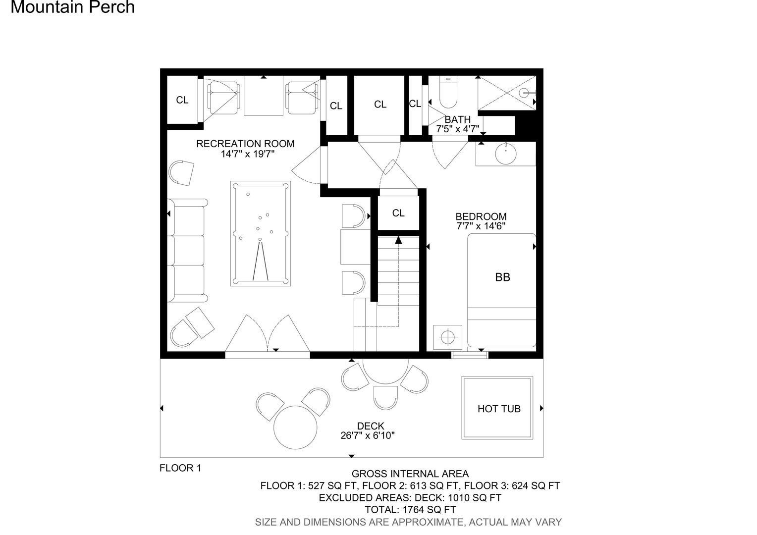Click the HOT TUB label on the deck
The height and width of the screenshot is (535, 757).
tap(499, 409)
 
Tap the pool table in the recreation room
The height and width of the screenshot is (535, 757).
tap(261, 233)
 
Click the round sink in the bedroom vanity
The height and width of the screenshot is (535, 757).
tap(505, 154)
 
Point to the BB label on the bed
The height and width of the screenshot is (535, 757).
tap(502, 277)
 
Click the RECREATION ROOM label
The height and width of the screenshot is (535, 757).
tap(245, 144)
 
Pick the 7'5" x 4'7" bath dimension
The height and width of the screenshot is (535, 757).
tap(458, 129)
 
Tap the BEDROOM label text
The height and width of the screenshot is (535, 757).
tap(481, 216)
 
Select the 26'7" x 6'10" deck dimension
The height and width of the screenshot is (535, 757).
tap(368, 435)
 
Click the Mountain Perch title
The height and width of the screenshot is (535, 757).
tap(73, 7)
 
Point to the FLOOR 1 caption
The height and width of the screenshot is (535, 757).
tap(180, 468)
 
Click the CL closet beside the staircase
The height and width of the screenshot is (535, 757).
tap(398, 213)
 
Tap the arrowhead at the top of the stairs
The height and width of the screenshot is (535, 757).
tap(398, 240)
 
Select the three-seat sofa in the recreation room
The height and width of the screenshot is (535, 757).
tap(187, 251)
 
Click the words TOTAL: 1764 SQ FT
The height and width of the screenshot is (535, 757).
tap(410, 510)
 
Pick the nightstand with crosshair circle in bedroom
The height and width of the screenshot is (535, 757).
tap(448, 337)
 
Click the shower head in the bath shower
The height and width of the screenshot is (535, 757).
tap(524, 93)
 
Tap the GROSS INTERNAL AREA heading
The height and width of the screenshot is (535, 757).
tap(410, 474)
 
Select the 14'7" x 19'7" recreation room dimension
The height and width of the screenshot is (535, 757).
tap(248, 154)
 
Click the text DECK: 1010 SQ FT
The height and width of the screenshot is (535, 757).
tap(458, 498)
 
